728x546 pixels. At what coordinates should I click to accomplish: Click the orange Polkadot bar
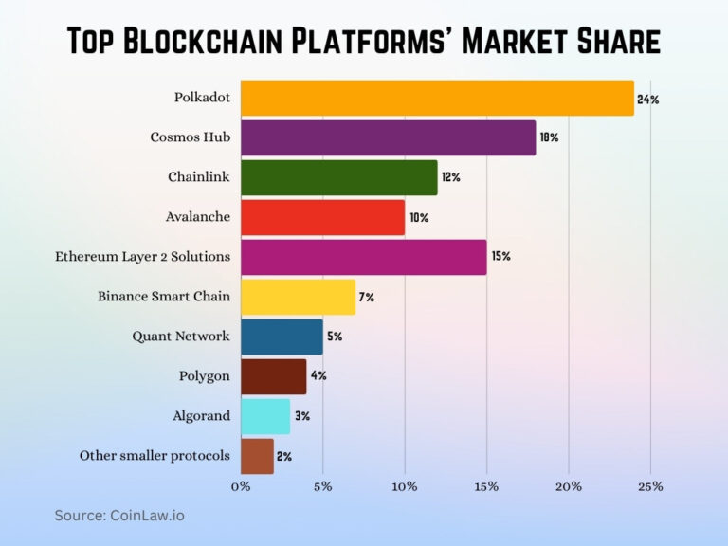(436, 98)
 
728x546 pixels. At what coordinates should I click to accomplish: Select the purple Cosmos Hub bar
(388, 137)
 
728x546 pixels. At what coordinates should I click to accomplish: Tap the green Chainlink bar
(338, 177)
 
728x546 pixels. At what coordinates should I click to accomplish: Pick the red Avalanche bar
(322, 217)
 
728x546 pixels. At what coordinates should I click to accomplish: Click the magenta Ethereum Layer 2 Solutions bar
(363, 257)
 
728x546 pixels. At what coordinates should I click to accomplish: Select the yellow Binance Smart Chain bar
(298, 297)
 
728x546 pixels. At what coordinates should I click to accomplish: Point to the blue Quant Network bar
(282, 337)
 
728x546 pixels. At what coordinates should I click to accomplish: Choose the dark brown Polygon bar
(273, 376)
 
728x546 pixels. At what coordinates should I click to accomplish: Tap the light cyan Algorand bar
(265, 416)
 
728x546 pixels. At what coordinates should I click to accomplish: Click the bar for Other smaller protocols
(257, 456)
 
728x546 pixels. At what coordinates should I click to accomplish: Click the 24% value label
(648, 98)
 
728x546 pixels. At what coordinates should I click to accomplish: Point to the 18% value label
(550, 137)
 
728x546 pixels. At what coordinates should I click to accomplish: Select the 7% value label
(366, 297)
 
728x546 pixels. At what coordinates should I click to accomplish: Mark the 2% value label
(284, 456)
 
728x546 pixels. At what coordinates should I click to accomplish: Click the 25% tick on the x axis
(649, 486)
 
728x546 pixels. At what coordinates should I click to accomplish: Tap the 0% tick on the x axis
(241, 486)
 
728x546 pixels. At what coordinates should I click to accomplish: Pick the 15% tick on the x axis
(486, 486)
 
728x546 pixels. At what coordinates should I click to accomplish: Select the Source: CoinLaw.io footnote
(119, 516)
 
